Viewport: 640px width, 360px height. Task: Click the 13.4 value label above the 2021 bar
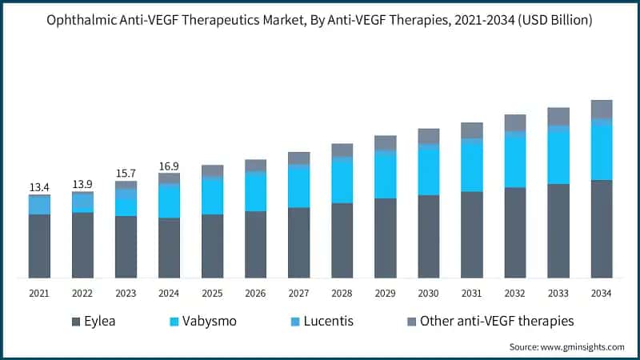tap(39, 187)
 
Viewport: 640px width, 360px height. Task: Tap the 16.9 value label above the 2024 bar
tap(169, 166)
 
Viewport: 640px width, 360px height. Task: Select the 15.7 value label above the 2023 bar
tap(126, 174)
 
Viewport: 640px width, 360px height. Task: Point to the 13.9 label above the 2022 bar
tap(82, 184)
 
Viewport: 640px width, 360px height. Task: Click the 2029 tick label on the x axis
tap(385, 294)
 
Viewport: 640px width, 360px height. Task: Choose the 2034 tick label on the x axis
tap(601, 294)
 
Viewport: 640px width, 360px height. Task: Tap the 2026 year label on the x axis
tap(255, 294)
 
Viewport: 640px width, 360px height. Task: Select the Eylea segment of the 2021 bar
tap(39, 246)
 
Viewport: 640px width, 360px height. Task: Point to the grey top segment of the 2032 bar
tap(514, 122)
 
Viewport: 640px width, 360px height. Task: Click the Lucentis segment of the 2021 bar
tap(39, 206)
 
